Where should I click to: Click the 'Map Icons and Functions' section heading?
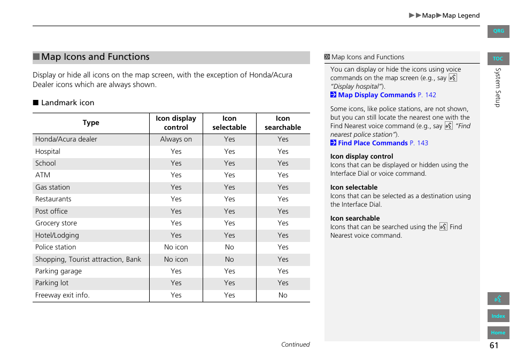(95, 57)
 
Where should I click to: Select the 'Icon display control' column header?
(176, 123)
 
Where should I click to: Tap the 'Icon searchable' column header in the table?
(283, 123)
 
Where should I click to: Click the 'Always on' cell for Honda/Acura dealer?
(176, 139)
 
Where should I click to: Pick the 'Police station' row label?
(56, 247)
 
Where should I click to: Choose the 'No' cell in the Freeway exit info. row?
(283, 295)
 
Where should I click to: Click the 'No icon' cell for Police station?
(176, 247)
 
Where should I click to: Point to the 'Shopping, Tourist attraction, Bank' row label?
(88, 260)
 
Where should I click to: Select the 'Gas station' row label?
(52, 187)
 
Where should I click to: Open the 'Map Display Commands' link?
(376, 95)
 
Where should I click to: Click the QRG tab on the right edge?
(498, 31)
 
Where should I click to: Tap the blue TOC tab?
(498, 59)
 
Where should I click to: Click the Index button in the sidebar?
(498, 316)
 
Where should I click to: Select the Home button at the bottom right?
(498, 333)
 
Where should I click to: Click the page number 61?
(493, 346)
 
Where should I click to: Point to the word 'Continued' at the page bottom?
(295, 345)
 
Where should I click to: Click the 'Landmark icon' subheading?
(67, 103)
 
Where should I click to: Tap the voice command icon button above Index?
(498, 299)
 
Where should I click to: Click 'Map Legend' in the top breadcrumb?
(461, 15)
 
